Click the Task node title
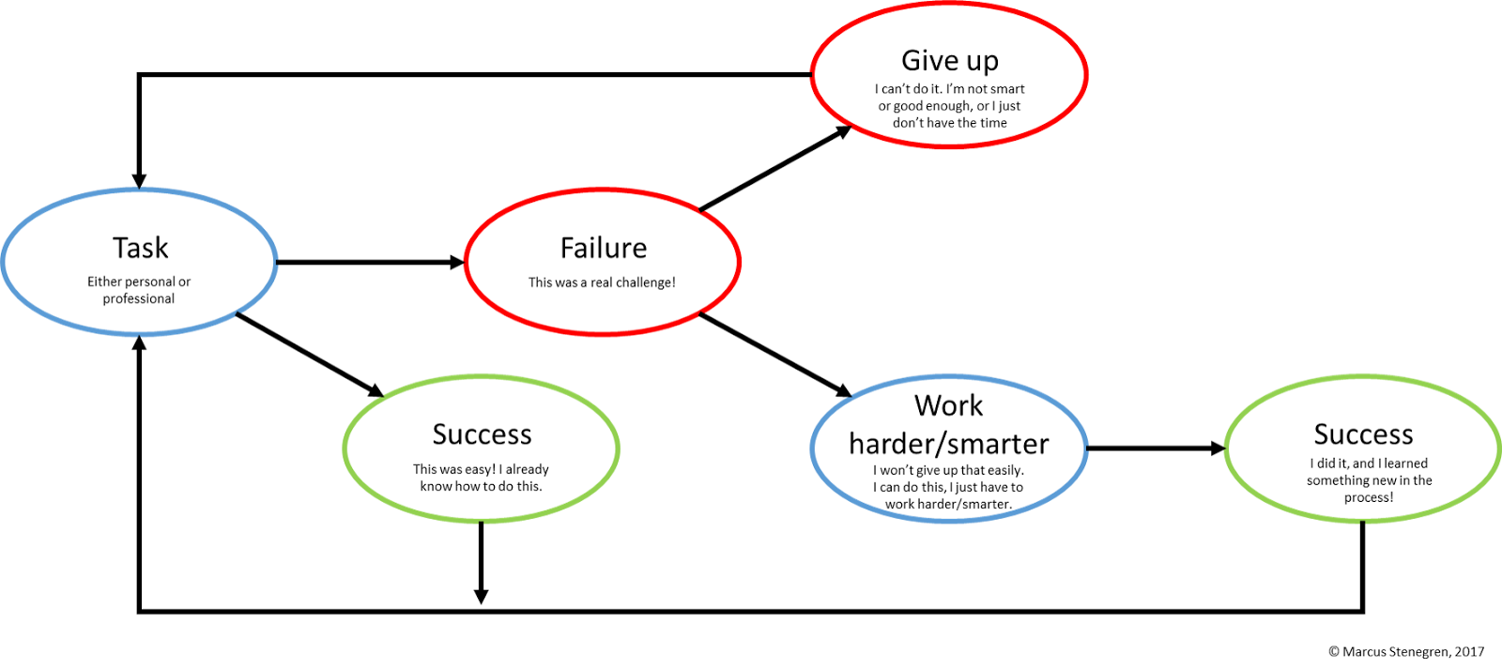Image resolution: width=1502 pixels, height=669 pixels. coord(140,248)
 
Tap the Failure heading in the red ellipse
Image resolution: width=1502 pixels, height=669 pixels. coord(603,248)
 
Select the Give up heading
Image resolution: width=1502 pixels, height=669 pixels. coord(949,60)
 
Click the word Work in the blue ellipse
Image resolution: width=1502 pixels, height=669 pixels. coord(948,405)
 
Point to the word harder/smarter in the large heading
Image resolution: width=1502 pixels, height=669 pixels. coord(948,443)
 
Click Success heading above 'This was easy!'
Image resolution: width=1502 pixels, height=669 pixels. coord(482,434)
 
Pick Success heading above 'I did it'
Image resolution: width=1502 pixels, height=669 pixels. coord(1363,434)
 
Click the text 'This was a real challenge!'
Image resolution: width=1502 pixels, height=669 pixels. coord(602,282)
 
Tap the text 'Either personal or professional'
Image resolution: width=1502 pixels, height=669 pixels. coord(139,290)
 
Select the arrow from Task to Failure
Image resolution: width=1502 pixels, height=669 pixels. coord(370,263)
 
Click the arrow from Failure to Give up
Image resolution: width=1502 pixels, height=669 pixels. coord(775,169)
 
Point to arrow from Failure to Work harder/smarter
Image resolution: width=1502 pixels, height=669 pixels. coord(775,355)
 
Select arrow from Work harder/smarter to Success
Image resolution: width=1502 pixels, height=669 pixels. coord(1155,449)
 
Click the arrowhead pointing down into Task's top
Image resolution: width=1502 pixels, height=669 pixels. coord(139,180)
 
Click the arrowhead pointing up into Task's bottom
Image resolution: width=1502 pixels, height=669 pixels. coord(139,344)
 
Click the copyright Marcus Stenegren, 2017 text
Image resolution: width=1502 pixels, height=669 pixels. coord(1406,651)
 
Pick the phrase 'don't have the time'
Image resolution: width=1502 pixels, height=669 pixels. coord(949,123)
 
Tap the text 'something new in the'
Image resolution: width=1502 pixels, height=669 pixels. coord(1369,480)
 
